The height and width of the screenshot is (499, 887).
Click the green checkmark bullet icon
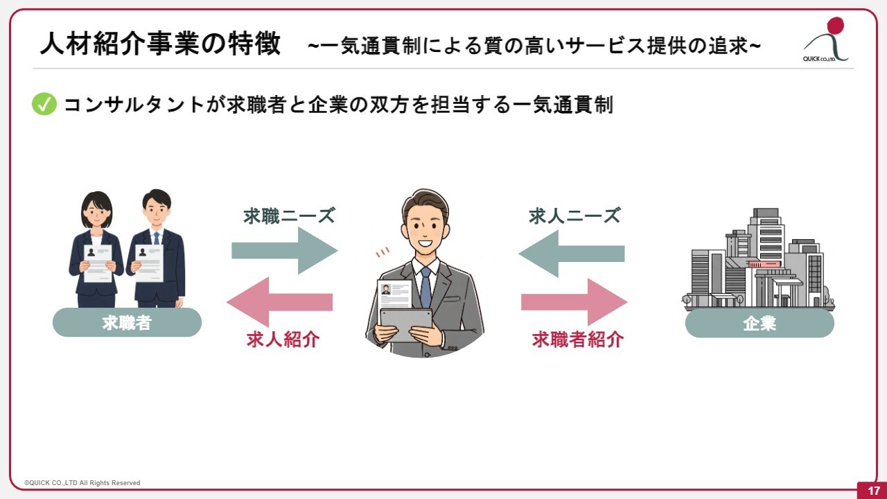pyautogui.click(x=44, y=104)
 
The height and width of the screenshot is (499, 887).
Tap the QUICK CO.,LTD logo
pyautogui.click(x=826, y=40)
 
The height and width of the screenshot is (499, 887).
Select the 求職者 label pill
pyautogui.click(x=127, y=322)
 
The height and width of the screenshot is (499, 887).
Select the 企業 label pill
pyautogui.click(x=759, y=323)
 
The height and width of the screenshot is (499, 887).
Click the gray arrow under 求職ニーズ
pyautogui.click(x=284, y=250)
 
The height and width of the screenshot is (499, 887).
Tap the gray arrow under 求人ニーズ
pyautogui.click(x=572, y=254)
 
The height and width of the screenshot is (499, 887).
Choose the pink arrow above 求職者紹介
pyautogui.click(x=574, y=301)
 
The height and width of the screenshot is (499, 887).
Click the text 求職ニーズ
pyautogui.click(x=289, y=216)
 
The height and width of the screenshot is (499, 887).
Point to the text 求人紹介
pyautogui.click(x=283, y=340)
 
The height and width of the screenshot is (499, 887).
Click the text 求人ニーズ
pyautogui.click(x=574, y=216)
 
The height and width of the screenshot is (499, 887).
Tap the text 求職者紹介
pyautogui.click(x=578, y=340)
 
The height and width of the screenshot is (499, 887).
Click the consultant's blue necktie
pyautogui.click(x=425, y=288)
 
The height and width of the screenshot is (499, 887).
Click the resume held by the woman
pyautogui.click(x=98, y=263)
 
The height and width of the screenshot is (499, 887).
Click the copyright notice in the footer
pyautogui.click(x=82, y=483)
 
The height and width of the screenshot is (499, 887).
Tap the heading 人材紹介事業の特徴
pyautogui.click(x=160, y=44)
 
